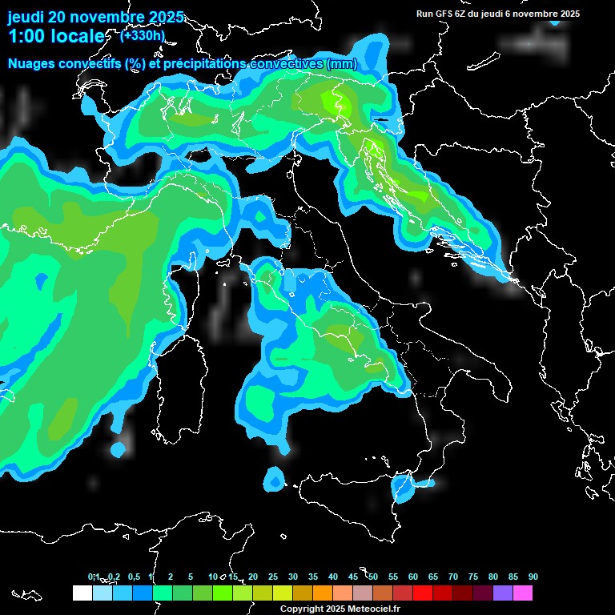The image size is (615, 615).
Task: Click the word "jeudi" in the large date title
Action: pyautogui.click(x=26, y=17)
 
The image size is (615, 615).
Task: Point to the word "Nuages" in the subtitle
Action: pyautogui.click(x=31, y=63)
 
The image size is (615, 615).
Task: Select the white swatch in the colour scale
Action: pyautogui.click(x=82, y=593)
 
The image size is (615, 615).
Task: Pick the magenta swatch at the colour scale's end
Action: pyautogui.click(x=523, y=593)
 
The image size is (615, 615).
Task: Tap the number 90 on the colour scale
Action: pyautogui.click(x=533, y=577)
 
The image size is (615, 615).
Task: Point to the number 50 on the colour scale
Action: pyautogui.click(x=373, y=577)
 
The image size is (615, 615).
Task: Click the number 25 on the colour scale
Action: pyautogui.click(x=273, y=577)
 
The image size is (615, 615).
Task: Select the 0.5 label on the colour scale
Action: pyautogui.click(x=133, y=577)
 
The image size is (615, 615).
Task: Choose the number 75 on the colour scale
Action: pyautogui.click(x=473, y=577)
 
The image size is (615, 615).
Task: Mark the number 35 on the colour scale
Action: pyautogui.click(x=313, y=577)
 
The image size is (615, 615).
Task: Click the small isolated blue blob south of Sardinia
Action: pyautogui.click(x=274, y=480)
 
